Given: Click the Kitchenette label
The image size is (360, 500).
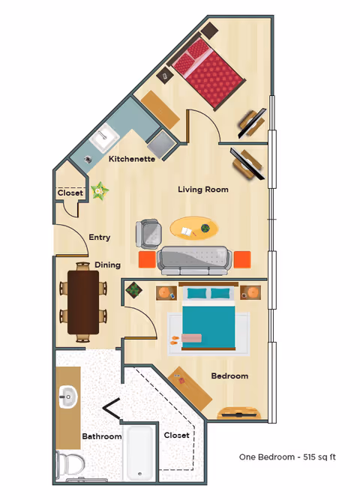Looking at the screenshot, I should click(132, 159).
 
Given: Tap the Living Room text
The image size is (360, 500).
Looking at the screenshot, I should click(202, 190).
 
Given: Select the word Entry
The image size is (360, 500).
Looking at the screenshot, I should click(100, 238).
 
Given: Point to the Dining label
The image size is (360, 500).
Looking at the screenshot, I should click(107, 265).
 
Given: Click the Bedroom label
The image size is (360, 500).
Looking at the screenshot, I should click(229, 376).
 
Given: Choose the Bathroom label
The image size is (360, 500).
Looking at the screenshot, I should click(101, 436).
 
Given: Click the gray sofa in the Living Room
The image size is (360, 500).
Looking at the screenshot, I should click(193, 259).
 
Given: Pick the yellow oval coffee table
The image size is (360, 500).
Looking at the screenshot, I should click(195, 227).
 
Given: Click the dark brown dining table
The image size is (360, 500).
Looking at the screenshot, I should click(82, 301).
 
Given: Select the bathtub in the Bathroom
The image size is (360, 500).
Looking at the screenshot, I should click(140, 453).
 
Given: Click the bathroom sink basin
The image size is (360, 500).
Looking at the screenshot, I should click(68, 396).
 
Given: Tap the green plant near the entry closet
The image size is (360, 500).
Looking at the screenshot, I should click(99, 191).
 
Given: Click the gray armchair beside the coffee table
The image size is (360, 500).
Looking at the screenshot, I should click(148, 233).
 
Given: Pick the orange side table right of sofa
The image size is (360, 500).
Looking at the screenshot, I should click(241, 259).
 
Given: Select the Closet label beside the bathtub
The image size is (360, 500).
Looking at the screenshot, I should click(176, 435).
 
